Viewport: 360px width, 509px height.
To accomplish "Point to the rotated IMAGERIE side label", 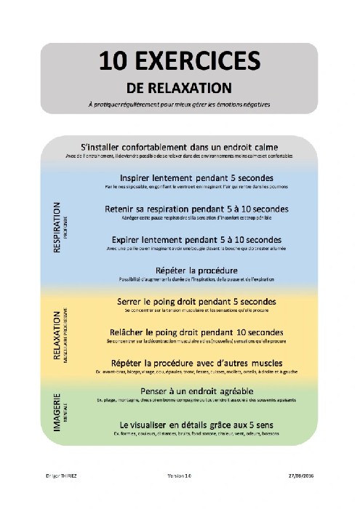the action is [57, 412].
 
